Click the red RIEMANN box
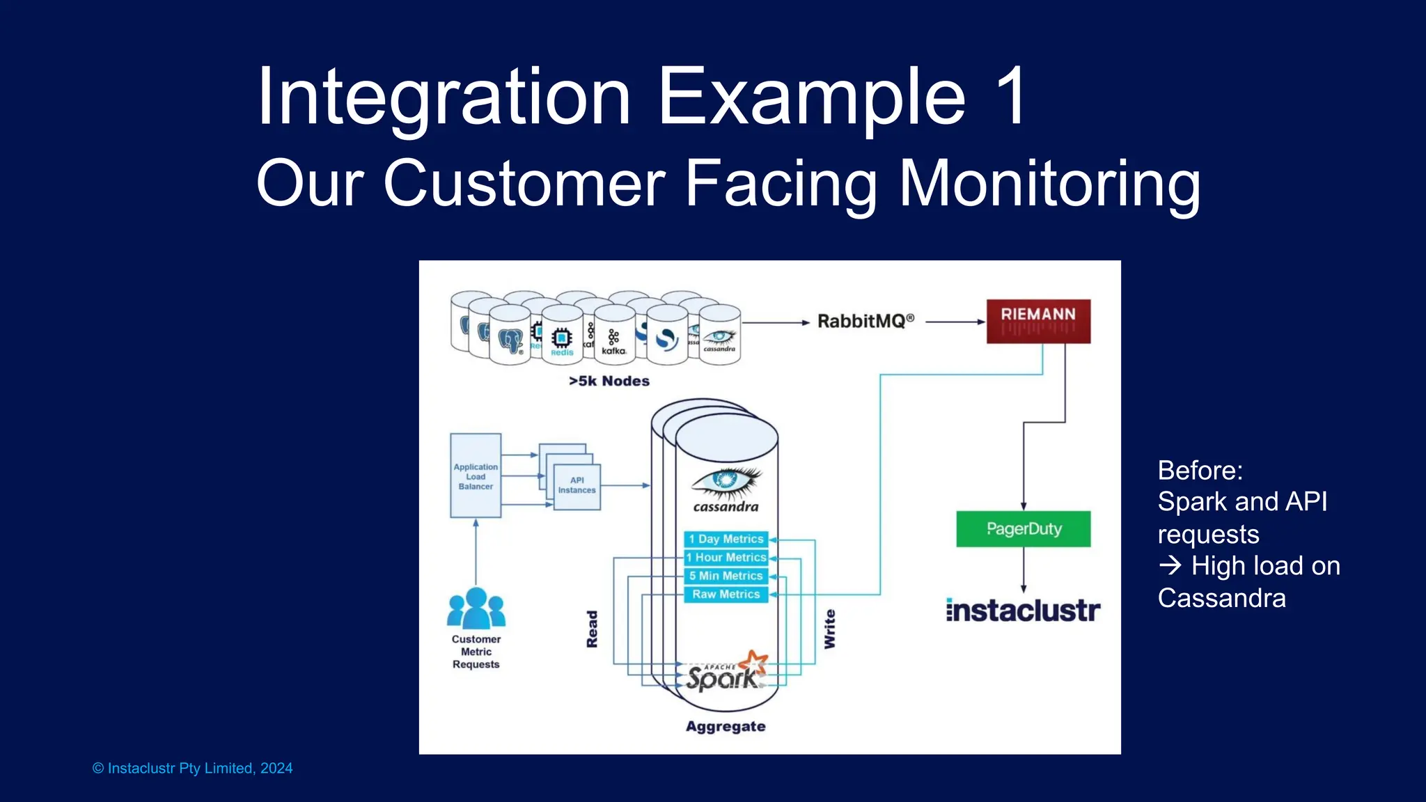click(x=1038, y=321)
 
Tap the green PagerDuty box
click(x=1024, y=529)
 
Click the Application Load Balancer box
click(x=476, y=476)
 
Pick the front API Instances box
click(x=577, y=487)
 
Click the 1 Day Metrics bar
click(x=726, y=539)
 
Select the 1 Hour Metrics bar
click(x=726, y=558)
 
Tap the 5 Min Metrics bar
click(x=726, y=576)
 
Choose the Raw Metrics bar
click(x=726, y=595)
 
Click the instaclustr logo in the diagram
click(x=1023, y=611)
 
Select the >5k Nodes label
click(x=609, y=382)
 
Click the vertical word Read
click(x=592, y=629)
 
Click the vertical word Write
click(x=829, y=629)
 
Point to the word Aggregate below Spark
click(x=726, y=727)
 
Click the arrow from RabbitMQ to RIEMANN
click(x=954, y=322)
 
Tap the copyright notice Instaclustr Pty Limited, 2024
click(x=193, y=769)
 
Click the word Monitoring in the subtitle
click(x=1049, y=184)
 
